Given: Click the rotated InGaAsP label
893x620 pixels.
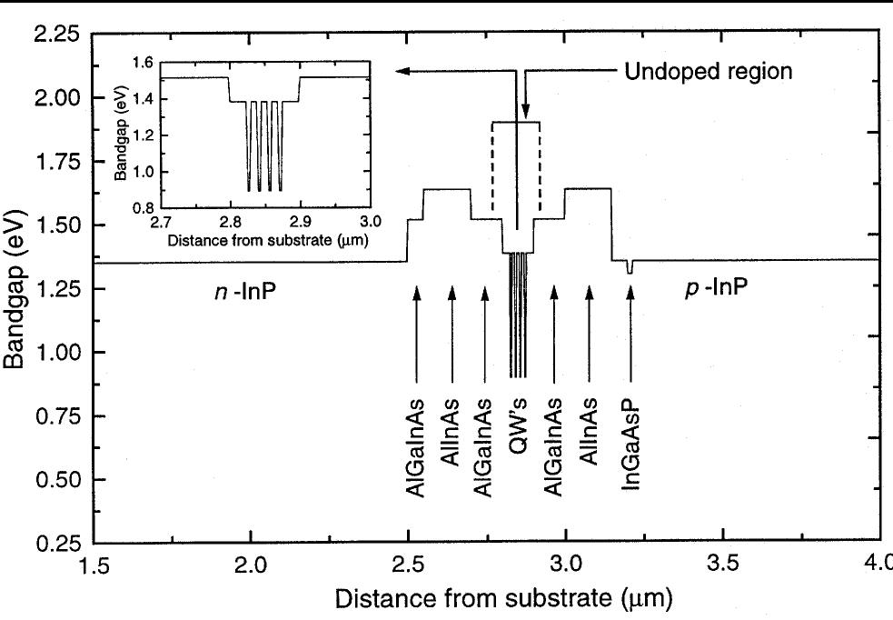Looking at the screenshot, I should (630, 445).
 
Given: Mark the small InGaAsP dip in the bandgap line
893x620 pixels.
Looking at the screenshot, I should (630, 267).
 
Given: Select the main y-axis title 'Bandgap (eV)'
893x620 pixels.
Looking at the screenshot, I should (15, 285).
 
